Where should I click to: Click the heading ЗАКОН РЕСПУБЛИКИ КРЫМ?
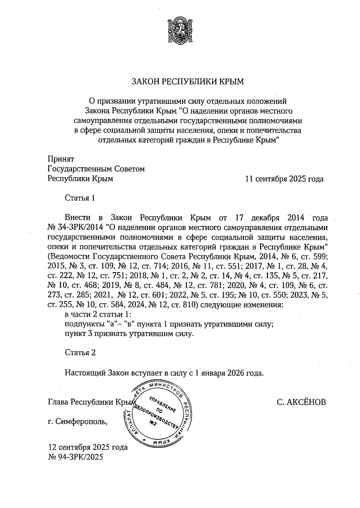(x=188, y=82)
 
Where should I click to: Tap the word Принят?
(x=61, y=159)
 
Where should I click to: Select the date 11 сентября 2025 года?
(x=284, y=179)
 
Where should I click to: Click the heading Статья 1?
(x=80, y=198)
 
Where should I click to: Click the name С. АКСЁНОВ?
(x=301, y=402)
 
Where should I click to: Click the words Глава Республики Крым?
(x=90, y=402)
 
